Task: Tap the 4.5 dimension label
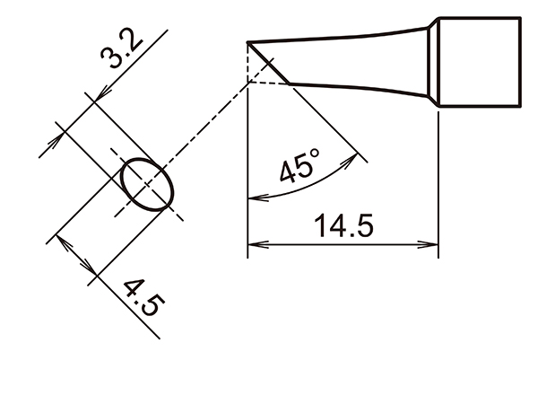pyautogui.click(x=141, y=297)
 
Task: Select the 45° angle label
pyautogui.click(x=299, y=168)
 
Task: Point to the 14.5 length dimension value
pyautogui.click(x=343, y=227)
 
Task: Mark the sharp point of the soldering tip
pyautogui.click(x=247, y=41)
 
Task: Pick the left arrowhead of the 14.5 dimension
pyautogui.click(x=254, y=243)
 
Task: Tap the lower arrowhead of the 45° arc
pyautogui.click(x=253, y=198)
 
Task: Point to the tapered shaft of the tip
pyautogui.click(x=359, y=63)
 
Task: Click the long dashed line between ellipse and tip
pyautogui.click(x=206, y=135)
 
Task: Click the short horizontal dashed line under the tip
pyautogui.click(x=266, y=83)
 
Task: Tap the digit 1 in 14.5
pyautogui.click(x=319, y=227)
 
